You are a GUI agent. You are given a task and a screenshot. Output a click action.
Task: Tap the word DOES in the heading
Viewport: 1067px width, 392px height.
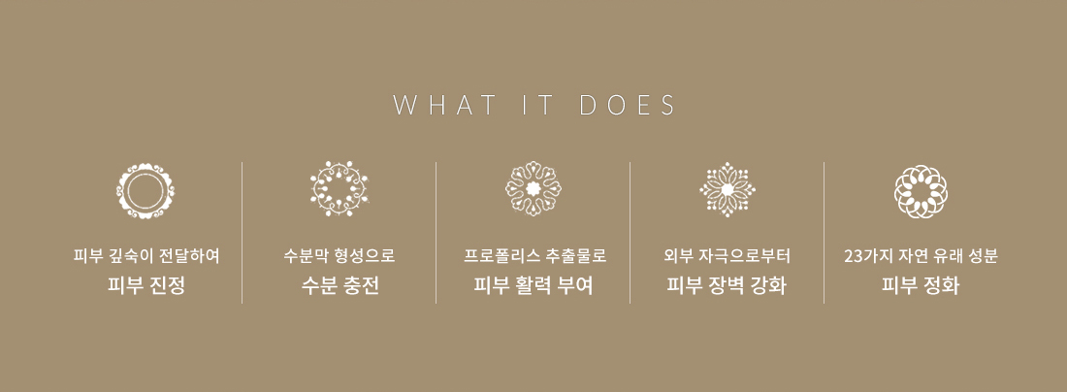[629, 106]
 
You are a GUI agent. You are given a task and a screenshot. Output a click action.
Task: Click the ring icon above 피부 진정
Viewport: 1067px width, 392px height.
[145, 190]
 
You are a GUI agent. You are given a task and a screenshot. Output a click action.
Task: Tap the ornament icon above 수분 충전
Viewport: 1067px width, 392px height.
[339, 189]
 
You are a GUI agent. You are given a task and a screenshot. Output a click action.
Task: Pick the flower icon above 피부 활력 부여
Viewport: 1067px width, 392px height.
[533, 189]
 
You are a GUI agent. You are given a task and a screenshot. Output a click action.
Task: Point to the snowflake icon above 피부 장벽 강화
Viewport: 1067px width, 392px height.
[727, 189]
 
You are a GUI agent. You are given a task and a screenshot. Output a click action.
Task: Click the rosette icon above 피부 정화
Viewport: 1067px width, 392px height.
[921, 191]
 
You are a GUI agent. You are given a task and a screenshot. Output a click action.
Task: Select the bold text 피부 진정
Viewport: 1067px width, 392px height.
[145, 286]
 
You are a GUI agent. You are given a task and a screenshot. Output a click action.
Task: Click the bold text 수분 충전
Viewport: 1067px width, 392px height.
[339, 286]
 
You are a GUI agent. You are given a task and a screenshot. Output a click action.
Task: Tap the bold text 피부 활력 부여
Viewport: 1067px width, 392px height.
[533, 286]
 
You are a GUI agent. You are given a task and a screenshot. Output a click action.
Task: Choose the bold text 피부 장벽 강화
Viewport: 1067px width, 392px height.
[727, 286]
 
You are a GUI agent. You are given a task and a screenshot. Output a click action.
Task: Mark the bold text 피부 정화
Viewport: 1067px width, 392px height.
[921, 286]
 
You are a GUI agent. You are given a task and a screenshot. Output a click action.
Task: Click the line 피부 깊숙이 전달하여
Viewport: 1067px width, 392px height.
[146, 256]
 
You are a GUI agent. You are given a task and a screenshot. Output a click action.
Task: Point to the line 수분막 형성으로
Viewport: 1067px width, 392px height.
[339, 256]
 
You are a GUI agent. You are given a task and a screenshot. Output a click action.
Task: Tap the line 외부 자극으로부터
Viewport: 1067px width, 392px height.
[727, 256]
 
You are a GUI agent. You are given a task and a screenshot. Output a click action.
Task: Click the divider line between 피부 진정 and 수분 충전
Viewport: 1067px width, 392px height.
[242, 233]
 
